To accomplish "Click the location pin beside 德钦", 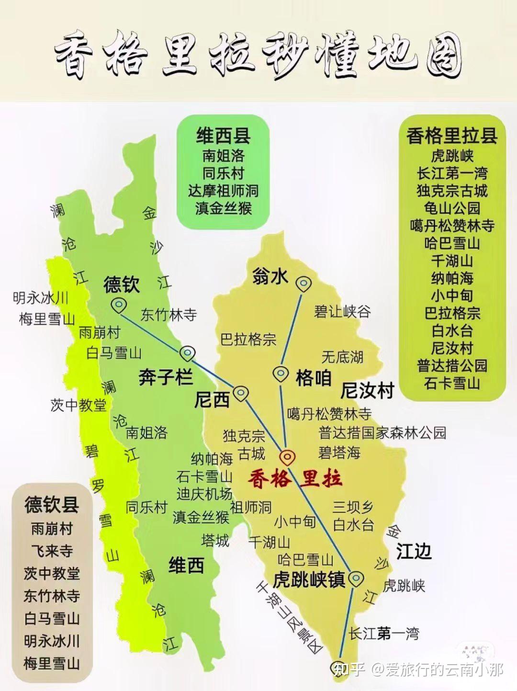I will point(118,305).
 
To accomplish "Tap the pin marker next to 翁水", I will point(303,284).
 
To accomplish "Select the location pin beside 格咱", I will point(281,374).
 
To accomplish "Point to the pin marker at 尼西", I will point(241,394).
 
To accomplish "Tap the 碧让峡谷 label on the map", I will point(342,312).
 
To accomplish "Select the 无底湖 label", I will point(342,356).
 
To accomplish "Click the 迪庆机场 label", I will point(204,493).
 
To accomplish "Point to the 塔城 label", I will point(215,541).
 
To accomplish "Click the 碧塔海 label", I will point(339,453).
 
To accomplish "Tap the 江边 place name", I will point(414,552).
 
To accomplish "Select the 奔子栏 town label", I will point(166,377).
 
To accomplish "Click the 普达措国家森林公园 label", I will point(382,432).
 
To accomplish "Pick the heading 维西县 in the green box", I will point(223,136).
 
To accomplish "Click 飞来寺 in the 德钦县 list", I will point(52,551).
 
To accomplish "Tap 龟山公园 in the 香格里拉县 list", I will point(452,208).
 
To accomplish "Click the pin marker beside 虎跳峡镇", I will point(355,578).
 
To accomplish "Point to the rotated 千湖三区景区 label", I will point(290,617).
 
